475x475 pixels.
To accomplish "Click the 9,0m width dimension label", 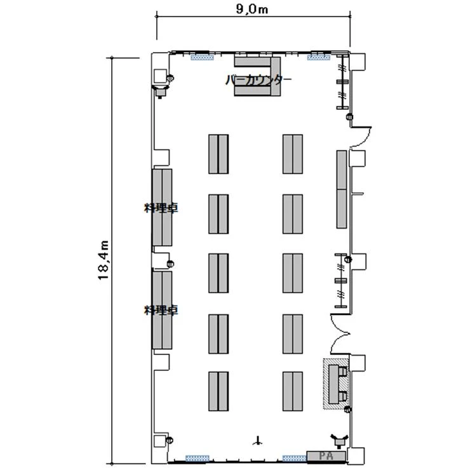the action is tap(252, 9).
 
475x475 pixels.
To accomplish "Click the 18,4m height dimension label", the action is tap(104, 260).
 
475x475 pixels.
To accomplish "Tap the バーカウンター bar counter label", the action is tap(258, 79).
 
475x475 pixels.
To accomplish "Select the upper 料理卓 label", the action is tap(161, 208).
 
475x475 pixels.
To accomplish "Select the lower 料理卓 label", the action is tap(161, 310).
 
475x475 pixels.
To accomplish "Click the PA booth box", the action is tap(326, 456).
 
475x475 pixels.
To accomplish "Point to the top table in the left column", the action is tap(218, 154).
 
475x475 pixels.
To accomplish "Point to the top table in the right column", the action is tap(293, 154).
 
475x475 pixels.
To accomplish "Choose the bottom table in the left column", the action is tap(218, 391).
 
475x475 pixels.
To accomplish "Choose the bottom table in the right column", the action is tap(293, 391).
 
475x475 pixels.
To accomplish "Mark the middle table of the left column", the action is tap(218, 273).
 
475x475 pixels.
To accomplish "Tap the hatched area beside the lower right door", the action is tap(336, 384).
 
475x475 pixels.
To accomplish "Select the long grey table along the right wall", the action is tap(342, 189).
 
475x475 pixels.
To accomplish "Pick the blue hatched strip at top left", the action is tap(202, 57).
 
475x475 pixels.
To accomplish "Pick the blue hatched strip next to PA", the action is tap(295, 458).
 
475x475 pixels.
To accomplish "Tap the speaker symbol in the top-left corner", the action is tap(161, 91).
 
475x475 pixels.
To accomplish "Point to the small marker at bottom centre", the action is tap(257, 441).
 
